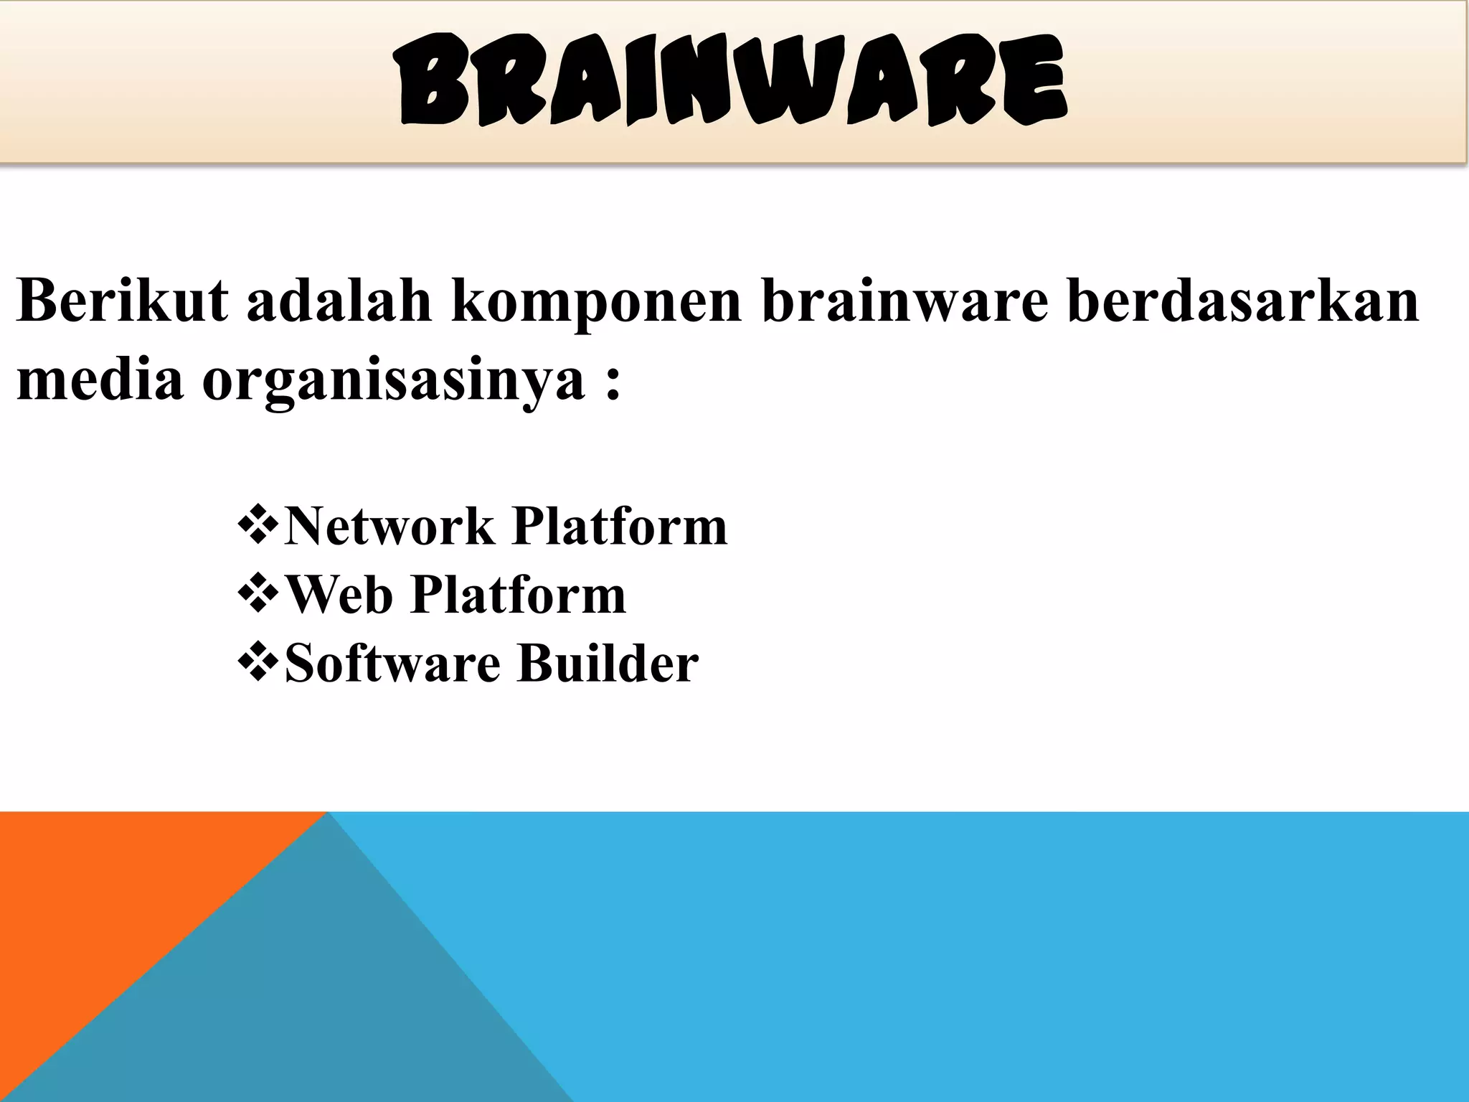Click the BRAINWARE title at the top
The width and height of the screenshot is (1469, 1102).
733,81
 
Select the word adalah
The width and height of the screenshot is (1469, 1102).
339,300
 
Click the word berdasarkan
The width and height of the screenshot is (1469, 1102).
1243,300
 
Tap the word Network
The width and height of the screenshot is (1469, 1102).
389,527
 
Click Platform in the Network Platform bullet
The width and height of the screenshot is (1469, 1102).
620,527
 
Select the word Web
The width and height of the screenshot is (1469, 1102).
339,595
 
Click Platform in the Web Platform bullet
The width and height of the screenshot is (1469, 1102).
519,595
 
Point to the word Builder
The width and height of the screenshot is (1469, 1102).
608,663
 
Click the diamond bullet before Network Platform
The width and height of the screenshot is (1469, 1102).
258,526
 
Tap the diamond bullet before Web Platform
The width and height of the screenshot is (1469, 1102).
258,594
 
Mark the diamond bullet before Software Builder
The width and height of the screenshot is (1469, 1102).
258,662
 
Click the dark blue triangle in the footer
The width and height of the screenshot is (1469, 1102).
301,1004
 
